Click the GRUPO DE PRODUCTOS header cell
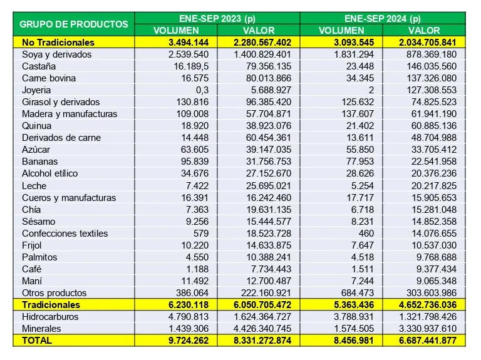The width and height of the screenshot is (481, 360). click(74, 24)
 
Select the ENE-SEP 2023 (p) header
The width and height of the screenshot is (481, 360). click(217, 18)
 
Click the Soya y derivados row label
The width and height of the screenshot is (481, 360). click(56, 54)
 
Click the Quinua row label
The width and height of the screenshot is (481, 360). click(37, 126)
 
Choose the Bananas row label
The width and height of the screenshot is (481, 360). click(39, 162)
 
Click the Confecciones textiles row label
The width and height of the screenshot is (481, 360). click(65, 233)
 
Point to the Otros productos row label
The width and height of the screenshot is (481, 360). click(54, 292)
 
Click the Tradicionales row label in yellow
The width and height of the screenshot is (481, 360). click(51, 304)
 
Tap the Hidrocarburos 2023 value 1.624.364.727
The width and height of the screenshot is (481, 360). click(258, 316)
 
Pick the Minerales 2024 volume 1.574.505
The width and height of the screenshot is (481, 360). click(351, 328)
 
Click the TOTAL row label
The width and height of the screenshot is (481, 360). click(37, 340)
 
